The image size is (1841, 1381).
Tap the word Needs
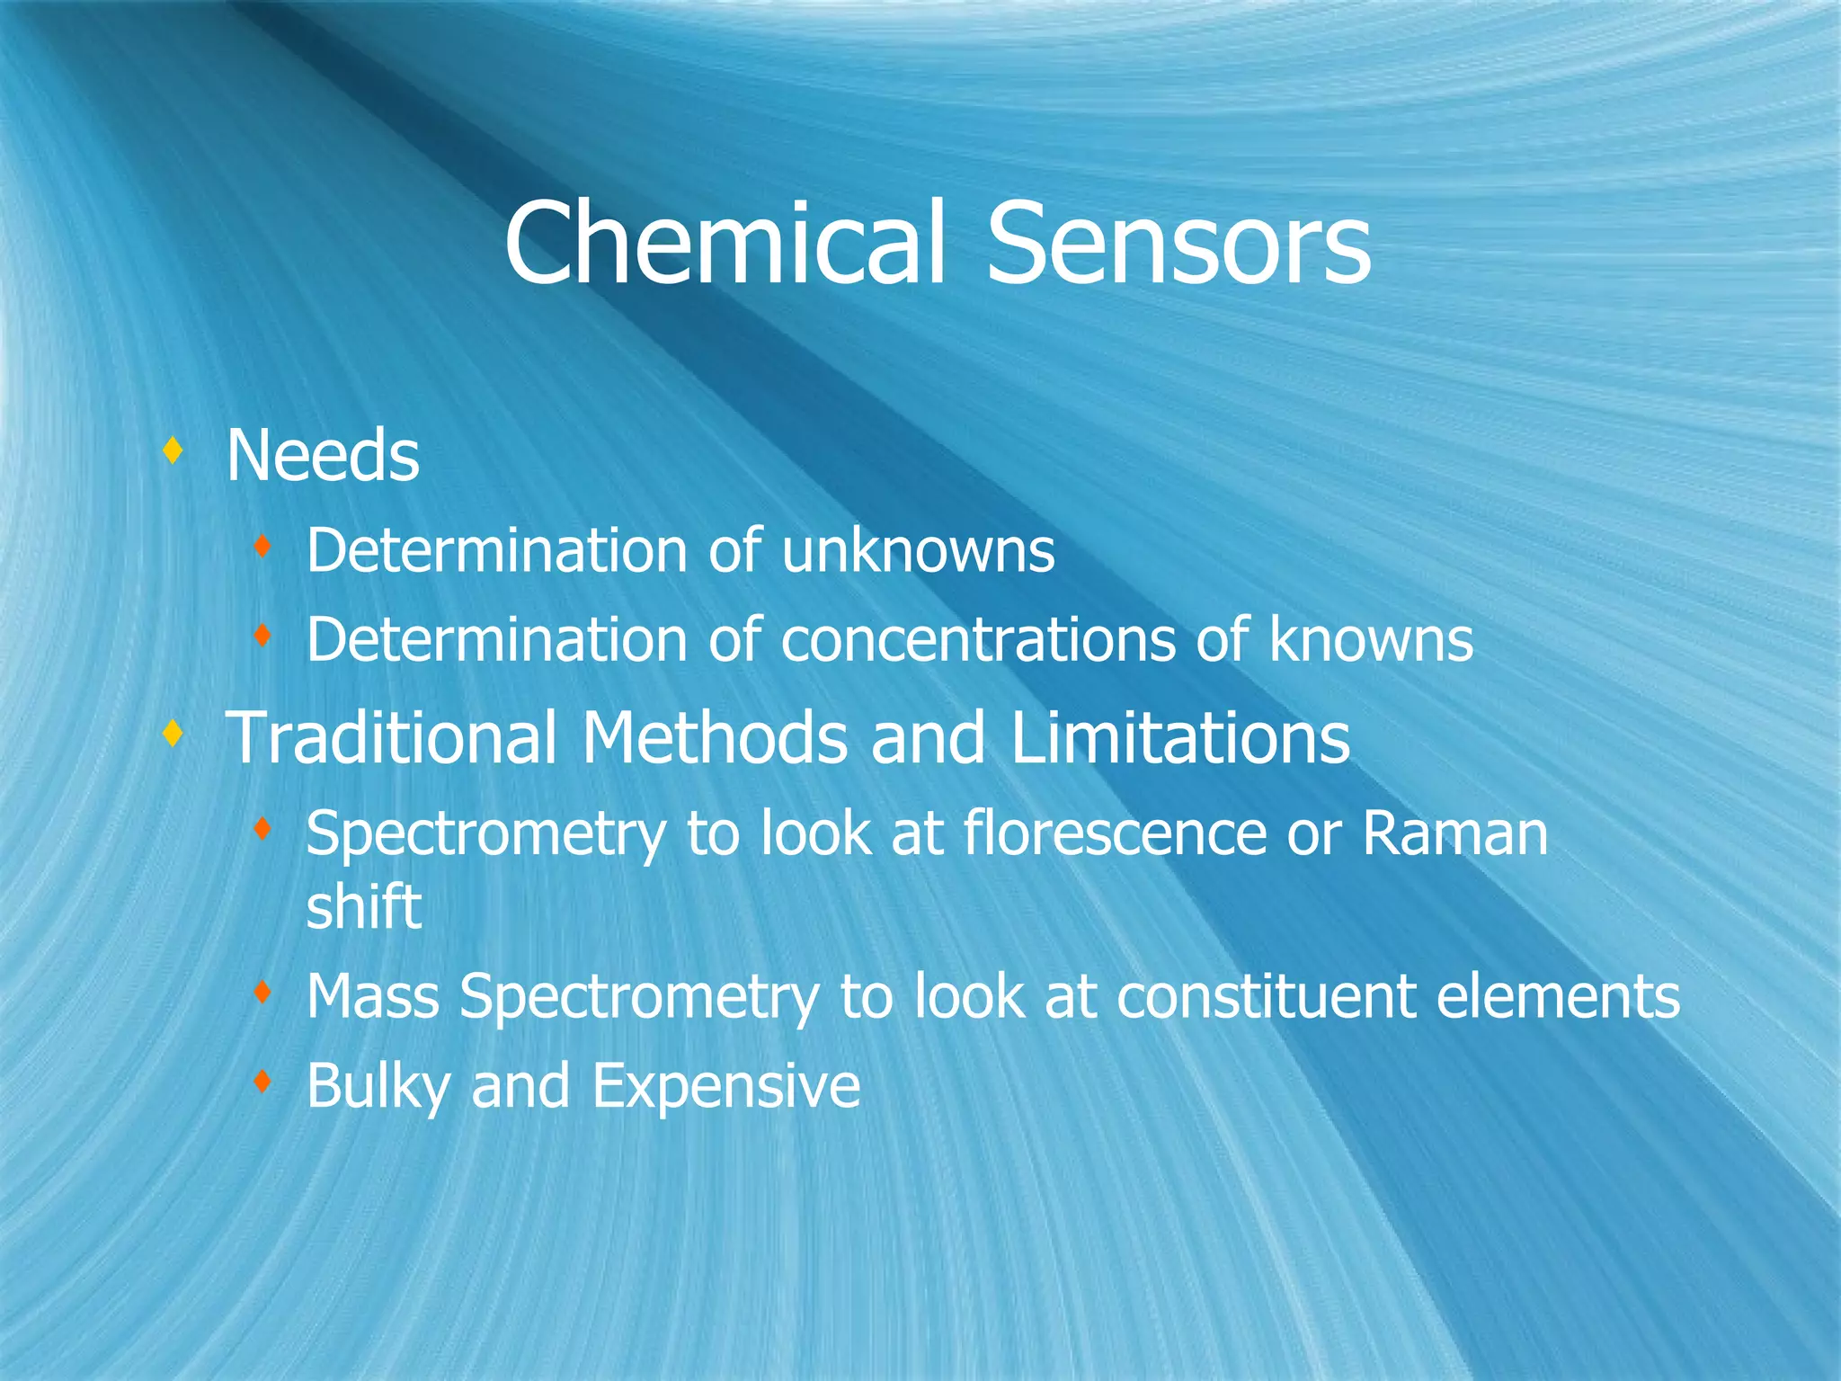tap(323, 455)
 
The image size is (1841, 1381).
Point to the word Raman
tap(1455, 833)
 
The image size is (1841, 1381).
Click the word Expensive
tap(725, 1086)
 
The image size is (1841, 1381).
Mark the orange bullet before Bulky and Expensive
tap(262, 1082)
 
